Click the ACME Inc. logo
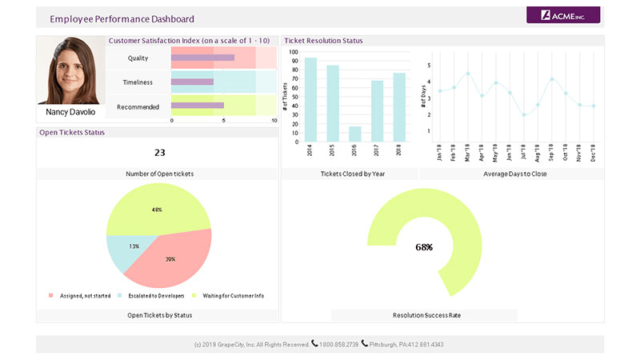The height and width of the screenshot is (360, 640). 563,14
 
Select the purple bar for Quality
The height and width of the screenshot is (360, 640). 202,58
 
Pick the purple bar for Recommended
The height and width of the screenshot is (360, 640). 197,106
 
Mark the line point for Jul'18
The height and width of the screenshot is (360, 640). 523,114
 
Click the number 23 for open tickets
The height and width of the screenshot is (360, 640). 159,153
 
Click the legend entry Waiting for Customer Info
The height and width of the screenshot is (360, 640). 231,296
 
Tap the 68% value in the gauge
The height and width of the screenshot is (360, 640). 424,247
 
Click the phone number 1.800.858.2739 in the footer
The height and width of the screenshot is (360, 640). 338,344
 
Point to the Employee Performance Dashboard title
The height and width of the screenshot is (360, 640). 122,18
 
